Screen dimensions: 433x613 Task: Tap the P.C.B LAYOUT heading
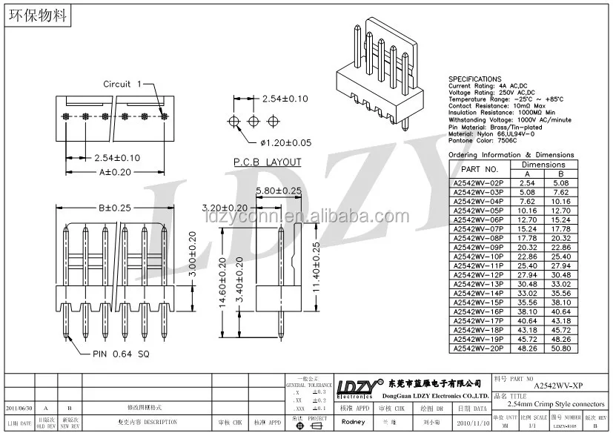click(268, 162)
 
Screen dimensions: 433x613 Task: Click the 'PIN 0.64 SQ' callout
click(122, 354)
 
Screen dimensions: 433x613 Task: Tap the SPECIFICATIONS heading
click(475, 79)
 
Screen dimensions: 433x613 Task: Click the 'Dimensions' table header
click(543, 165)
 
